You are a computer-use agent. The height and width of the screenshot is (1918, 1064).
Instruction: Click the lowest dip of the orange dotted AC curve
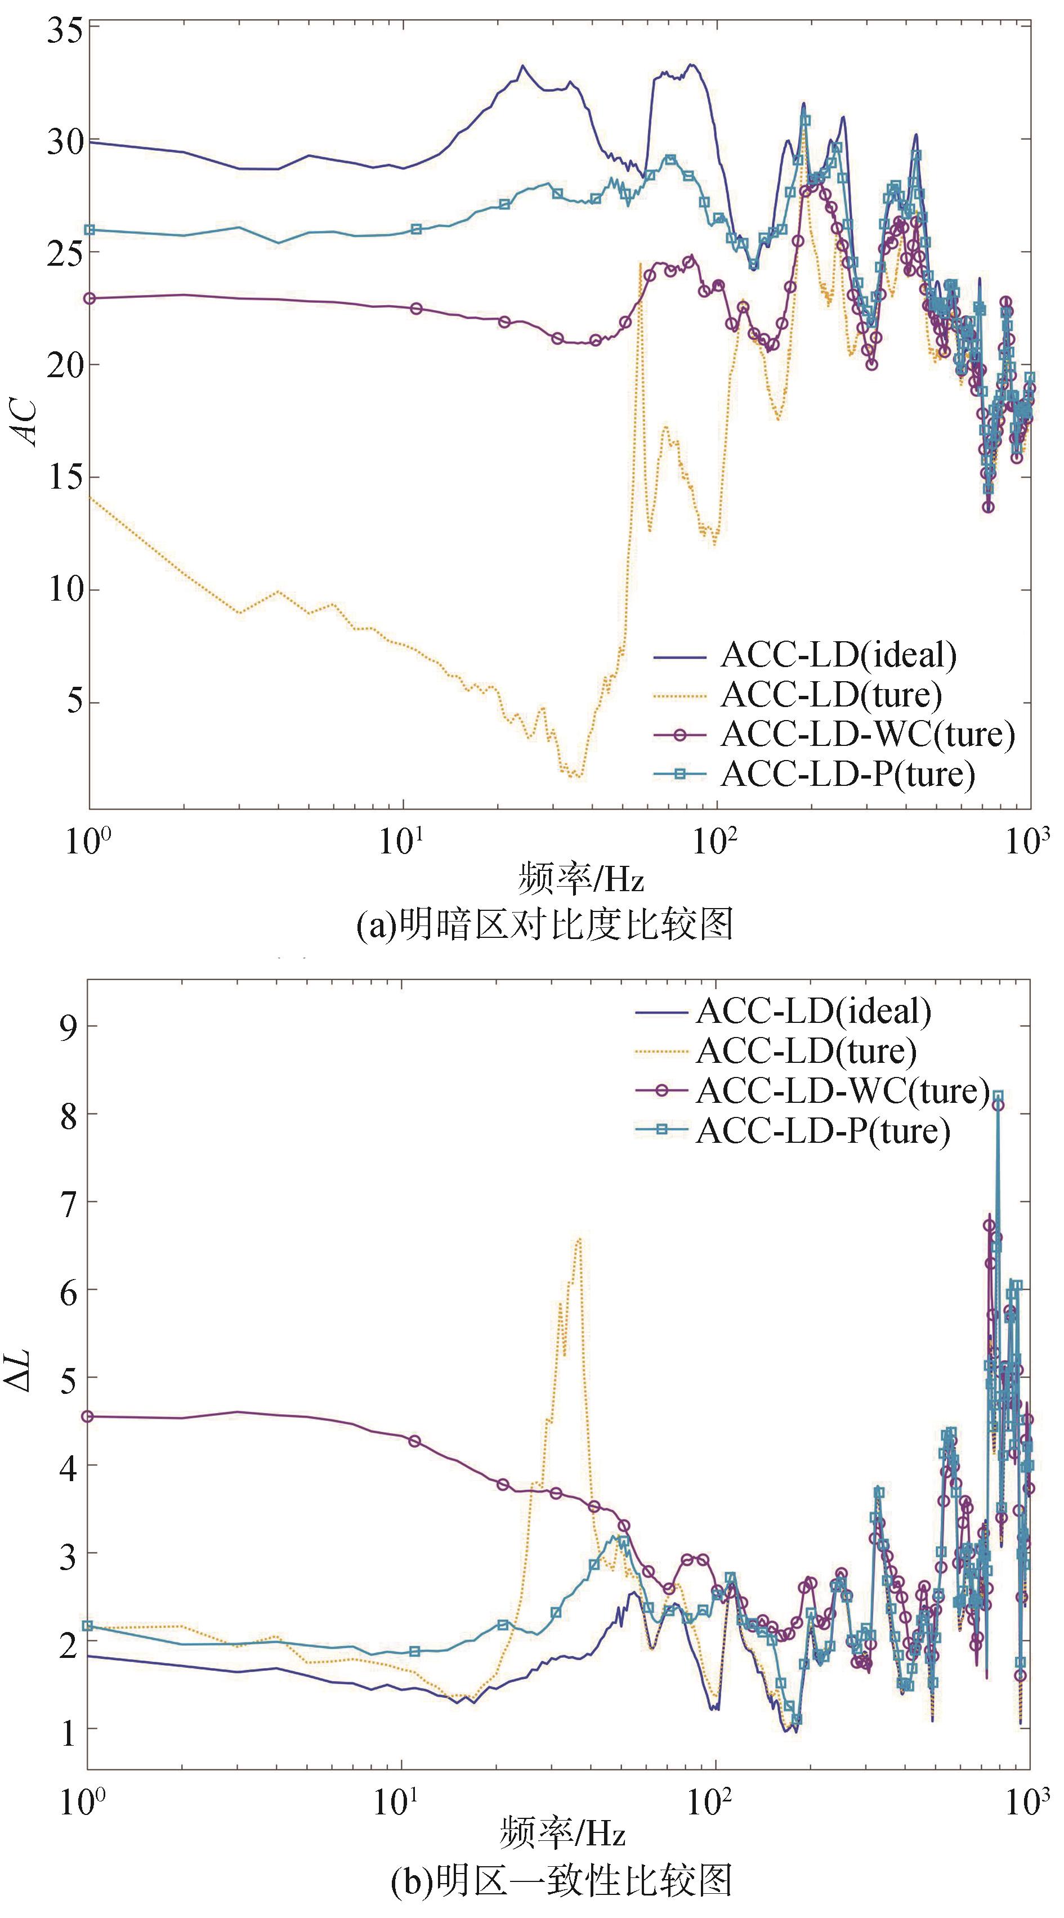click(574, 776)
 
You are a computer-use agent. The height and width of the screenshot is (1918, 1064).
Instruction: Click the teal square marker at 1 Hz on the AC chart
click(90, 230)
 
